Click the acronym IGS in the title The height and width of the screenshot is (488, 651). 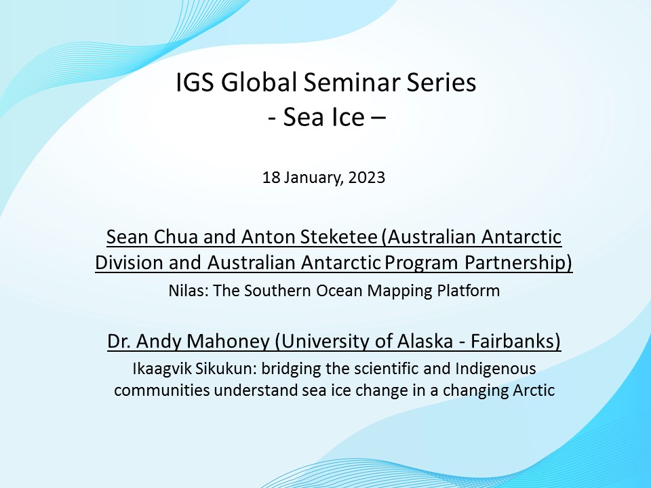point(195,82)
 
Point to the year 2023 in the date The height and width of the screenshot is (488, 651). point(367,178)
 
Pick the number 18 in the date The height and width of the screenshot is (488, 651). point(271,178)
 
